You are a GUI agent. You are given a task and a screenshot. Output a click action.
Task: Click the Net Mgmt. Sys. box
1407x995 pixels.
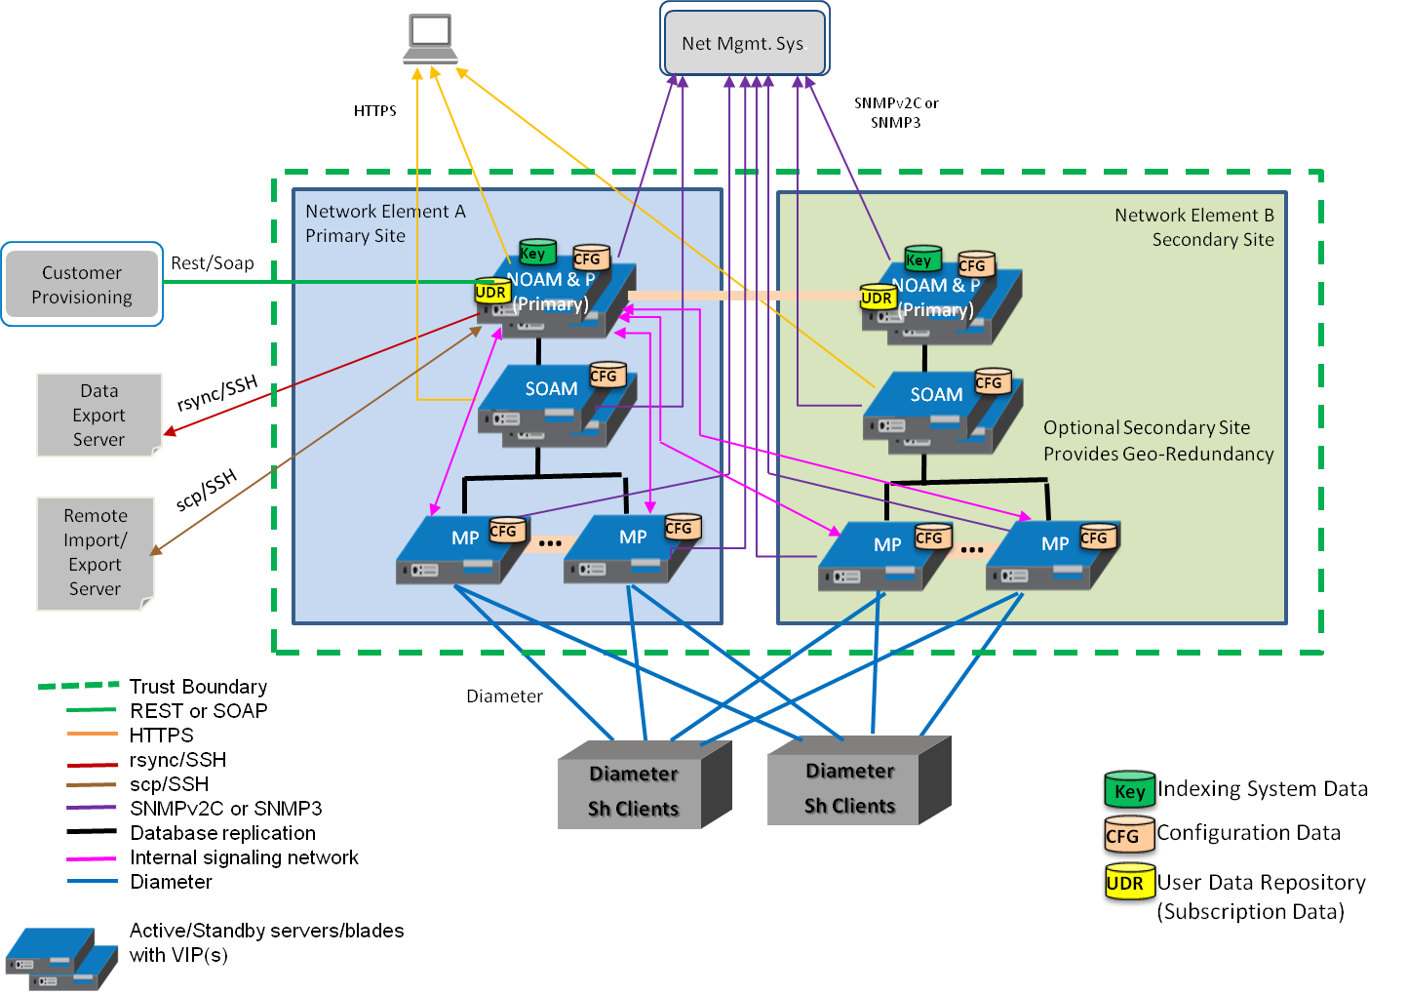(745, 41)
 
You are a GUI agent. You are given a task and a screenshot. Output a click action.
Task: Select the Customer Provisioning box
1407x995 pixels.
(82, 284)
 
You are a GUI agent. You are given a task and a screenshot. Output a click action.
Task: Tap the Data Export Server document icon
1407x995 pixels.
(98, 415)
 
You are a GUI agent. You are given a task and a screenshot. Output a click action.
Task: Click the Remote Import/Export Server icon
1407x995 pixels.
(95, 553)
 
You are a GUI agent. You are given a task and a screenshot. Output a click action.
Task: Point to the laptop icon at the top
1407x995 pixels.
(430, 35)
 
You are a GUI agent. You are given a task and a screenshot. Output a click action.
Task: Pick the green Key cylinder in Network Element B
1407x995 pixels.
(920, 259)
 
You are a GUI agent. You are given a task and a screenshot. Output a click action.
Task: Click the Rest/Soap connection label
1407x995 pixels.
(212, 263)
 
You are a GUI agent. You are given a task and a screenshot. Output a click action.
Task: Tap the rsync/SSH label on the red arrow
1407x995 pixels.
(217, 393)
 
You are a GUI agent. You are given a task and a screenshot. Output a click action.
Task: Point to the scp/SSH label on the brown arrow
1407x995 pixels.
(207, 490)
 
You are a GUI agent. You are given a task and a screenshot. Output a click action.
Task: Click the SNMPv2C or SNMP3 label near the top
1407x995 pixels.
(896, 112)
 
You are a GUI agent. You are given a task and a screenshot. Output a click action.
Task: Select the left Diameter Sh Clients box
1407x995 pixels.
(634, 791)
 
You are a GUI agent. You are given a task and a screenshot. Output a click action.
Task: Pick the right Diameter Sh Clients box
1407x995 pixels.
(849, 788)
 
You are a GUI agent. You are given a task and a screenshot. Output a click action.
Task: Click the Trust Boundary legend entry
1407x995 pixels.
(198, 687)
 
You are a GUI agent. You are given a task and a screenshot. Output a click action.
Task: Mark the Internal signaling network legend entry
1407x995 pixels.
(244, 857)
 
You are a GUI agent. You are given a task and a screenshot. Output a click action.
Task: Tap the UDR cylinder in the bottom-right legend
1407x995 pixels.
(1127, 884)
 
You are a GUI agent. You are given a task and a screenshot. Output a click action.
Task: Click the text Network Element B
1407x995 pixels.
(1193, 216)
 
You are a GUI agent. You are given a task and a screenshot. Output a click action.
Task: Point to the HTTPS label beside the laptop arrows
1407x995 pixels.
(374, 111)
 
